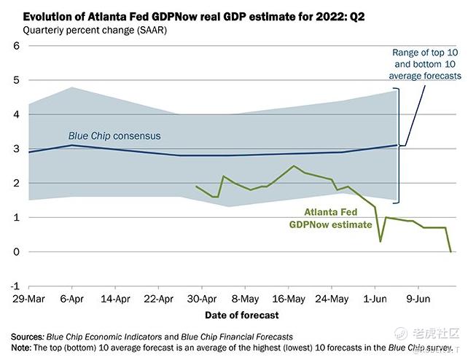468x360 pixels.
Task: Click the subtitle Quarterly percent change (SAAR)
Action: click(x=95, y=30)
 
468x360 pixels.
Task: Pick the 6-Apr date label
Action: click(x=71, y=299)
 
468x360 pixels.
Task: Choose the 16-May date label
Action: click(x=289, y=299)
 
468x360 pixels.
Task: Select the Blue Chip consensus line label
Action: click(x=114, y=136)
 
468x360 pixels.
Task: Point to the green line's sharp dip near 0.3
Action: click(x=380, y=241)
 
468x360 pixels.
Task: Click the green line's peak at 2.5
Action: click(x=294, y=166)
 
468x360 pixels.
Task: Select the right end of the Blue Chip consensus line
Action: click(x=397, y=145)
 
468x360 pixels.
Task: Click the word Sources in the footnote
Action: click(x=26, y=337)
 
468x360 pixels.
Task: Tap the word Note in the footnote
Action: click(x=22, y=348)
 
